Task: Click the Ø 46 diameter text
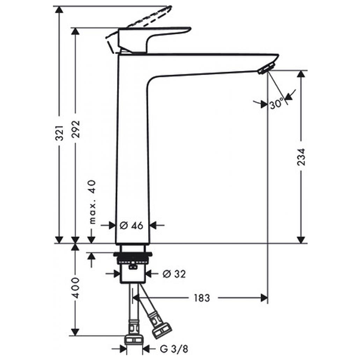click(x=131, y=226)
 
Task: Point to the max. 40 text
click(x=92, y=201)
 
